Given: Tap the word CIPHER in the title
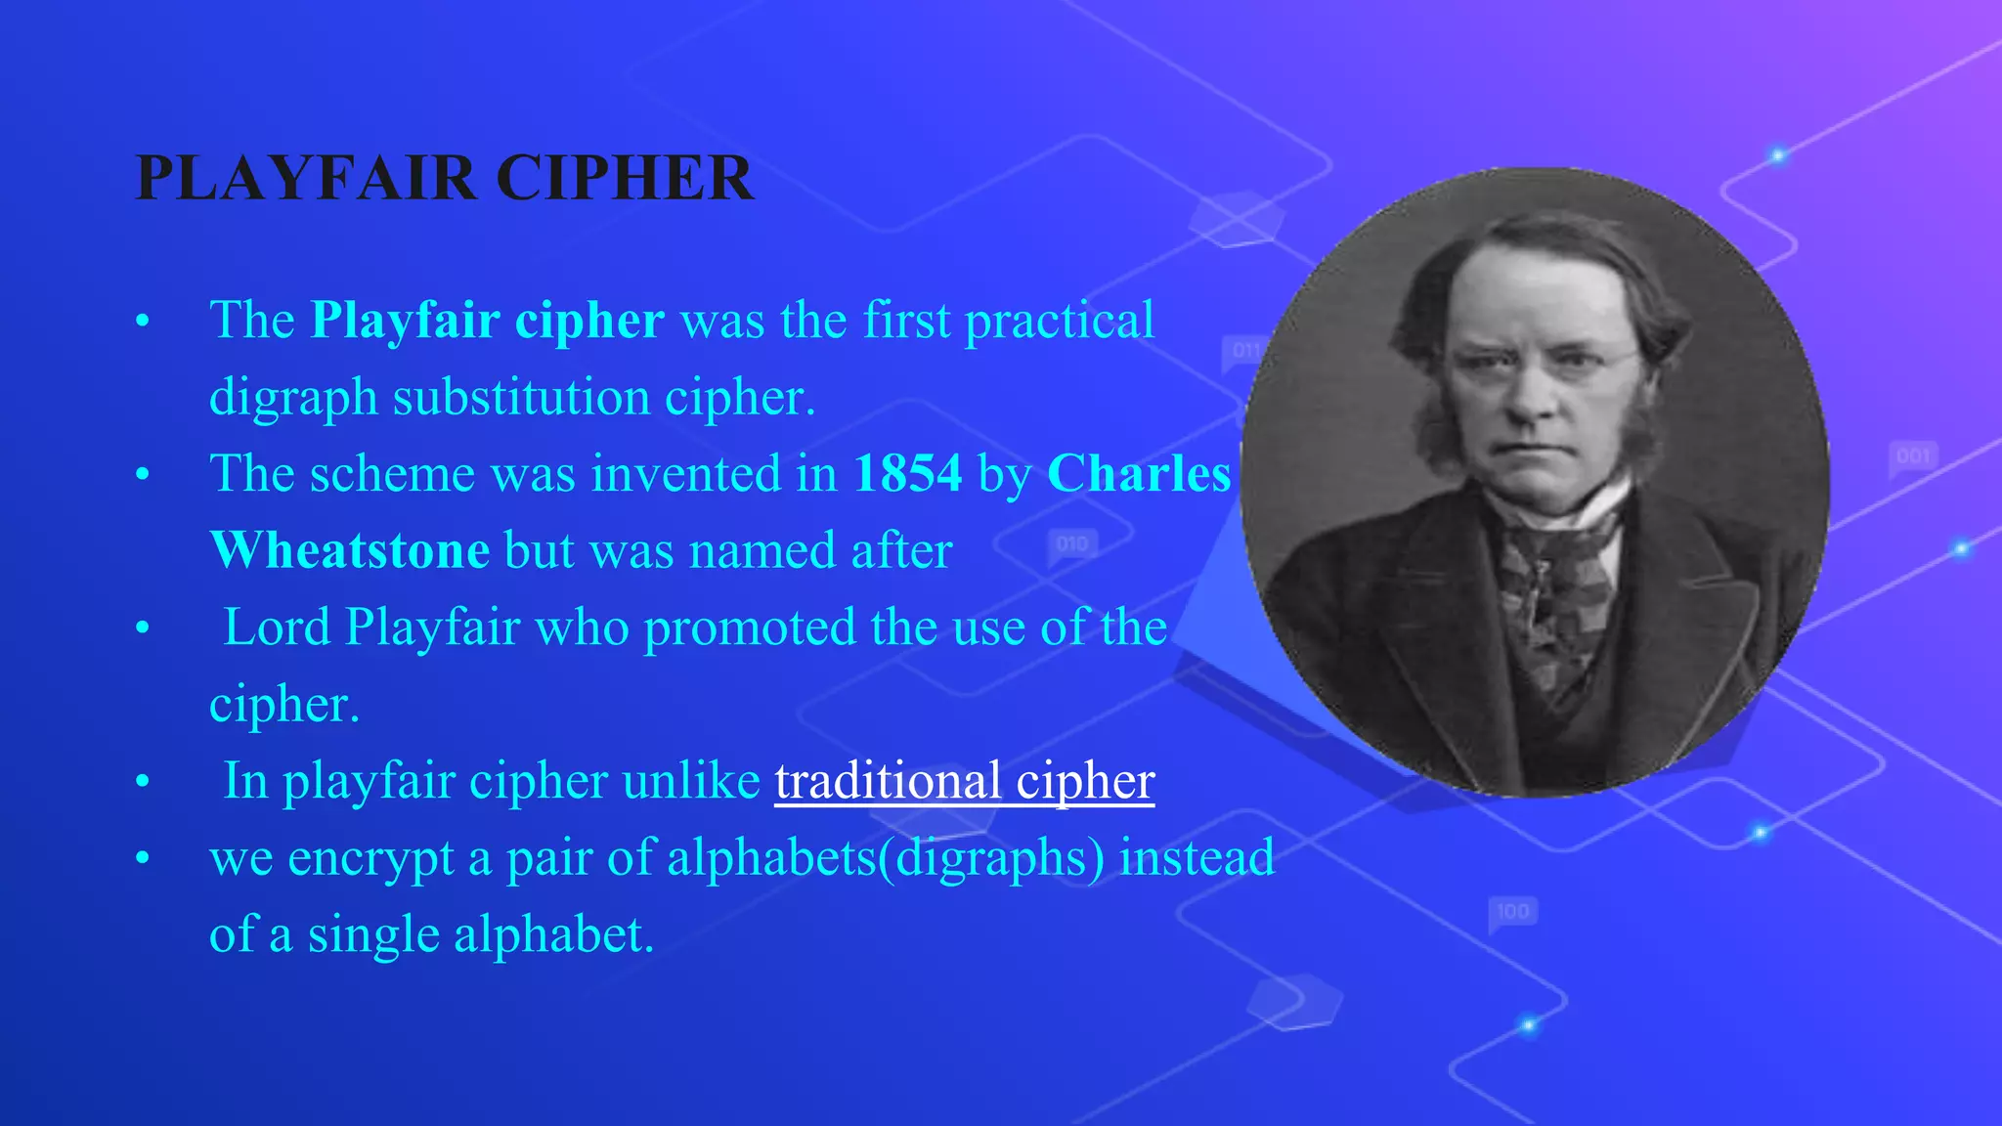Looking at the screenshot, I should (x=625, y=178).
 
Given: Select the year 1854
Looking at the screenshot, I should (x=907, y=474).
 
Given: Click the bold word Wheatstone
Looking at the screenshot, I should (x=349, y=550).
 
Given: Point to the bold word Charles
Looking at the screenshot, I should (x=1139, y=474).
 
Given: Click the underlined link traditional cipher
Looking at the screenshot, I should (x=964, y=781).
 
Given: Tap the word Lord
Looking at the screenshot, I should (x=277, y=628).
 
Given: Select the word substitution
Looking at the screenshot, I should (x=521, y=398).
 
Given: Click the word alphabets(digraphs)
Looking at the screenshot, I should (x=886, y=857).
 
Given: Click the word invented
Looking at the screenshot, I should (x=685, y=474).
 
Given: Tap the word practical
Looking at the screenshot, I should (x=1060, y=321).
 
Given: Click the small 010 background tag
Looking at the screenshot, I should (x=1072, y=543).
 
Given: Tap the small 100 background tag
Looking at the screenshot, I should (x=1512, y=911).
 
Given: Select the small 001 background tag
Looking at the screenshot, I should (x=1913, y=456).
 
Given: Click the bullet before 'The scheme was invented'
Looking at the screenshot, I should (x=143, y=475).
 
